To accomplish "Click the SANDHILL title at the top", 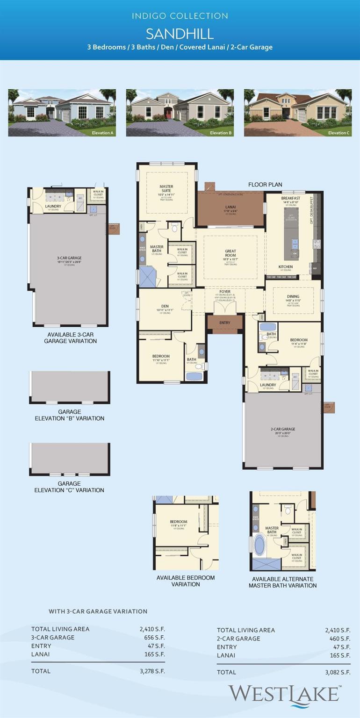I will point(180,34).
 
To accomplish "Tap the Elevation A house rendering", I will point(62,113).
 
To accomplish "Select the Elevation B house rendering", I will point(180,113).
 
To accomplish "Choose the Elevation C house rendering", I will point(297,113).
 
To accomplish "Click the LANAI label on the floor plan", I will point(230,206).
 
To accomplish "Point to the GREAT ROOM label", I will point(230,254).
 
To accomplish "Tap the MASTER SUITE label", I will point(166,189).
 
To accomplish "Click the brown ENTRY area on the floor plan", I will point(225,323).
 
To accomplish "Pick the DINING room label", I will point(293,296).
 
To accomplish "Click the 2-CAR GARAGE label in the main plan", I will point(283,429).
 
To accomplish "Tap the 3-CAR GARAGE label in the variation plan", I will point(69,258).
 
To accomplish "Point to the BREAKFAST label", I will point(290,198).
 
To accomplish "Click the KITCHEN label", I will point(286,266).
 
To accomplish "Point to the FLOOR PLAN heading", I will point(265,185).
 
